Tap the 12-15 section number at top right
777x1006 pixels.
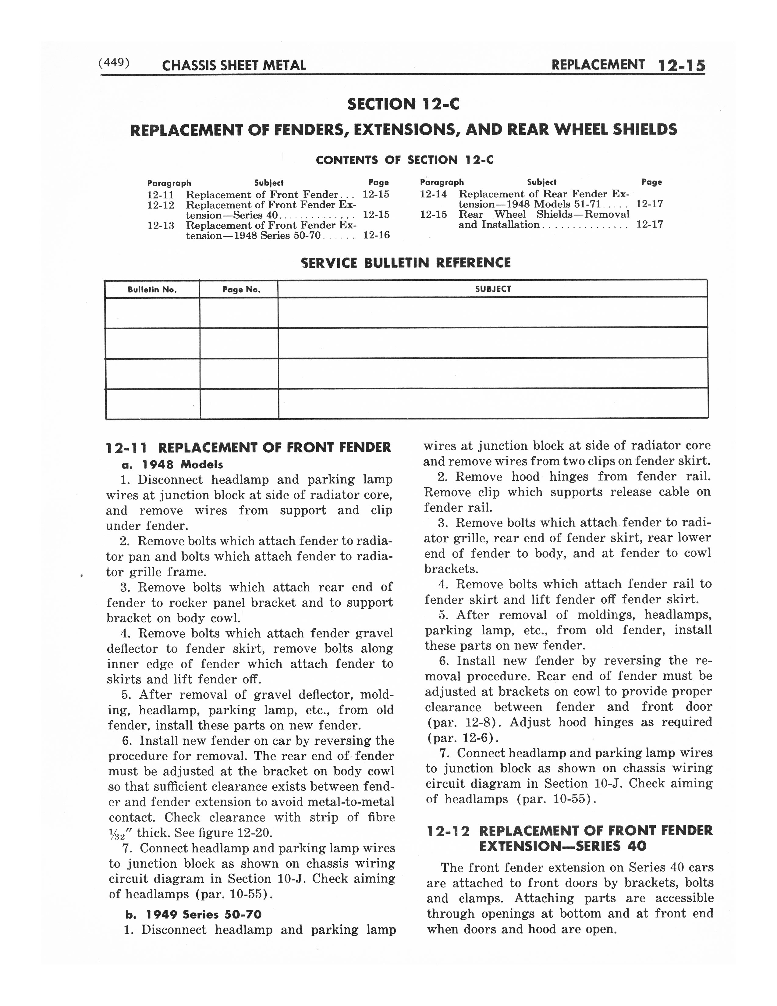pyautogui.click(x=681, y=66)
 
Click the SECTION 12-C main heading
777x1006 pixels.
pyautogui.click(x=403, y=104)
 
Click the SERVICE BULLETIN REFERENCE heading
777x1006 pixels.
pyautogui.click(x=406, y=263)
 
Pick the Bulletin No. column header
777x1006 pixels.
pyautogui.click(x=152, y=290)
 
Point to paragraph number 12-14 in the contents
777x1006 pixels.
pyautogui.click(x=433, y=194)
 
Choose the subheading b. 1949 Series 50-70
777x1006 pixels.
pyautogui.click(x=192, y=914)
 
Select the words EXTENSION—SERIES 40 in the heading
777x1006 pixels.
pyautogui.click(x=562, y=846)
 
